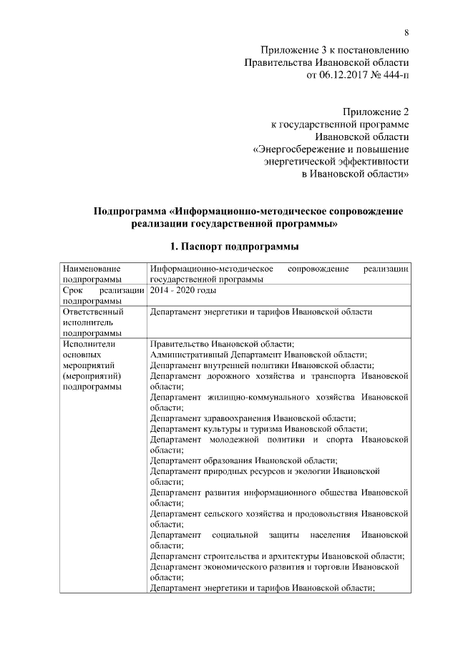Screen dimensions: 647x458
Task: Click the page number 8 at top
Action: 406,33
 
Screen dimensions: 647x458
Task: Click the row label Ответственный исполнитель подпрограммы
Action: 93,322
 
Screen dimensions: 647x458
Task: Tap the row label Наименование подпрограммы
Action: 92,274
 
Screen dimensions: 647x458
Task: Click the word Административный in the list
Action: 193,355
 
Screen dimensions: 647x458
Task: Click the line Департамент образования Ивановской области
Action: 244,460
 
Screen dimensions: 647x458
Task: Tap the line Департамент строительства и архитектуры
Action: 278,557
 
